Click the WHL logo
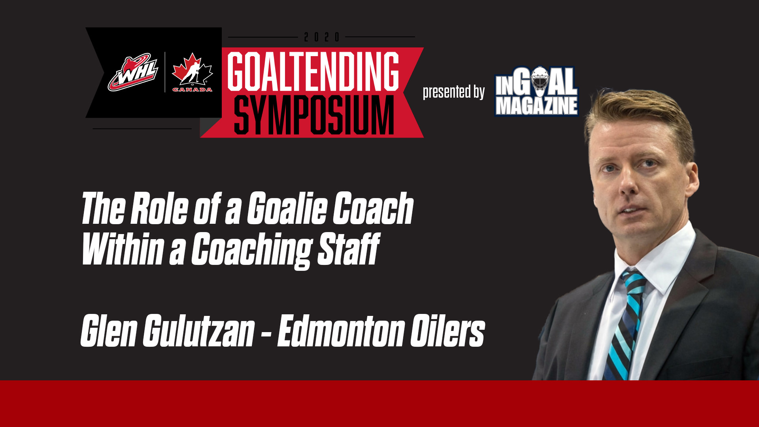(x=133, y=73)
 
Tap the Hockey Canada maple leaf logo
(x=192, y=70)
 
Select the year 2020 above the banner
(x=321, y=37)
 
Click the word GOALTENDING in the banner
(x=313, y=71)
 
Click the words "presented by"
(x=453, y=92)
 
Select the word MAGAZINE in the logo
(x=536, y=106)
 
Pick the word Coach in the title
(x=373, y=208)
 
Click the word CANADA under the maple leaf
(x=192, y=90)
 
